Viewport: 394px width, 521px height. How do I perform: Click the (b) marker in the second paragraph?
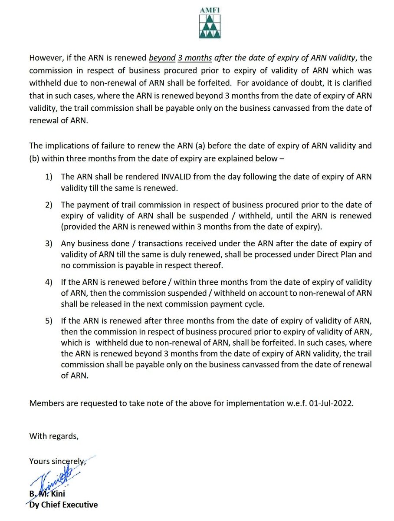34,158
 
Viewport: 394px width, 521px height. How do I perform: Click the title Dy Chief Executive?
63,505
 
